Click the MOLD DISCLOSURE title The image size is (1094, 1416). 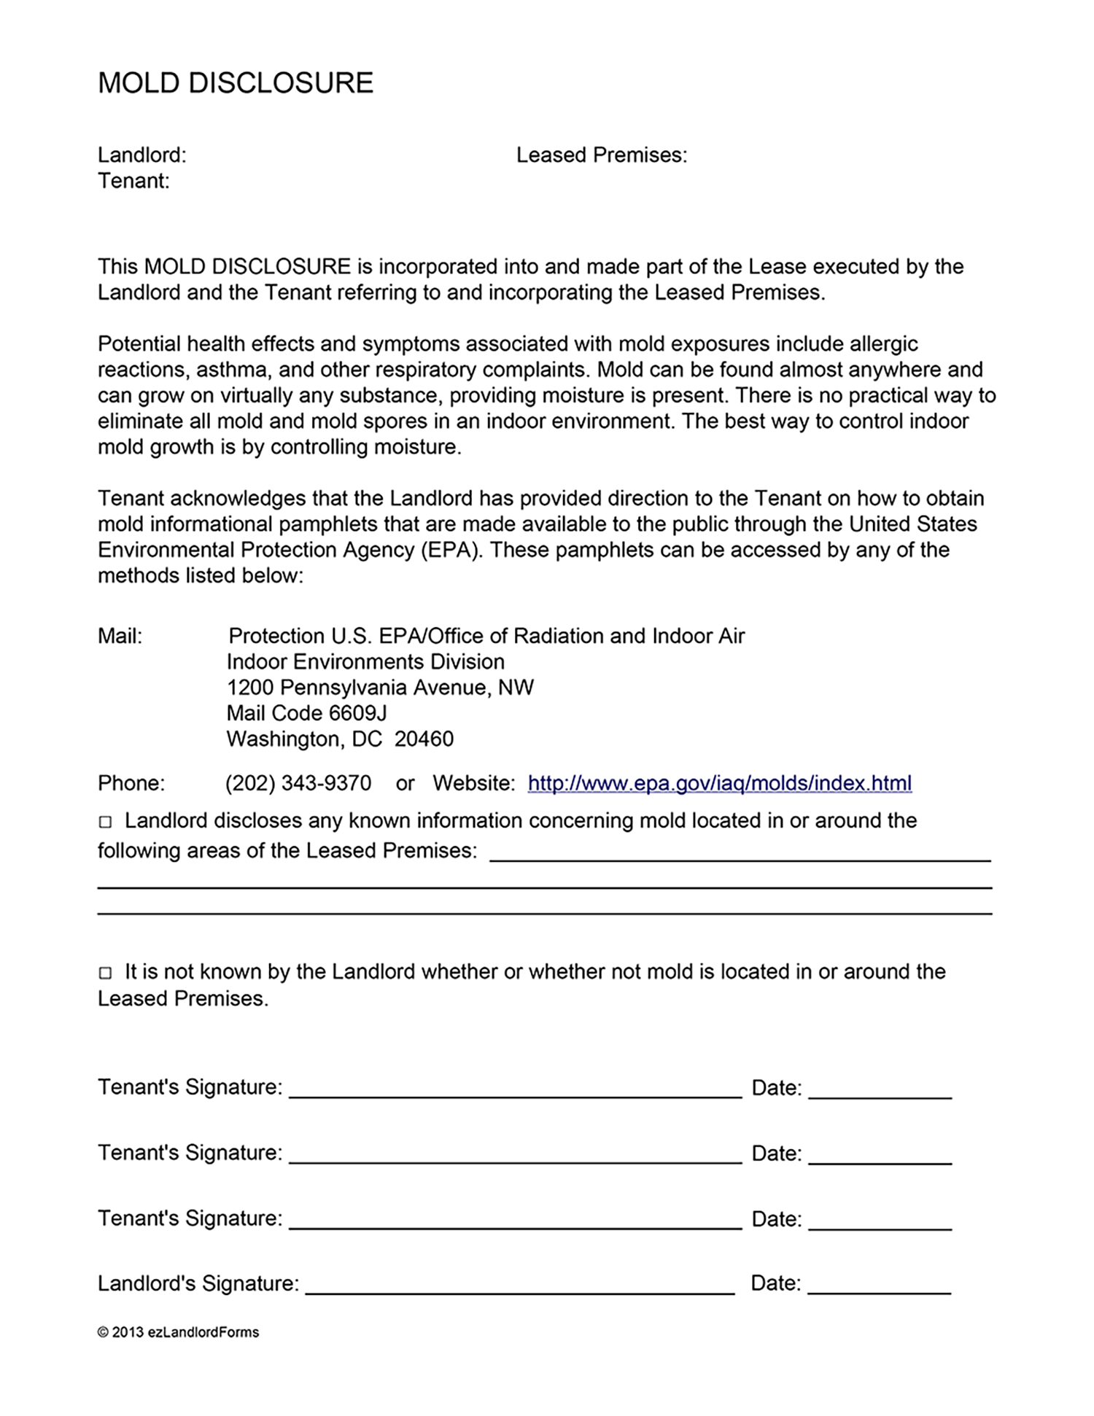pos(236,83)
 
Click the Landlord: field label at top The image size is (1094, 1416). pos(142,155)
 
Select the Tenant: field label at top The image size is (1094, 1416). pos(133,181)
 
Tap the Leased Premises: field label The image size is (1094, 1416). pos(602,155)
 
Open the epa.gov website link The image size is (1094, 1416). pos(719,783)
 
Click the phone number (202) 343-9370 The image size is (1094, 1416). pos(298,783)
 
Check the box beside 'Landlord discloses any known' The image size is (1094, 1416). pos(106,822)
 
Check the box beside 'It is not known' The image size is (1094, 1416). pos(106,973)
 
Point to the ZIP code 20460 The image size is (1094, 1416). pos(424,739)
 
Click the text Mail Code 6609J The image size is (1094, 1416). pos(306,713)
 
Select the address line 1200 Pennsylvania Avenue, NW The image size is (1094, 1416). pos(380,688)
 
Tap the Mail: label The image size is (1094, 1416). pos(120,636)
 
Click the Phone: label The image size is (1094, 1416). pos(131,783)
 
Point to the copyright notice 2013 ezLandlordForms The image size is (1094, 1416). pos(179,1332)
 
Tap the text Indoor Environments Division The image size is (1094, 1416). pos(365,662)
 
